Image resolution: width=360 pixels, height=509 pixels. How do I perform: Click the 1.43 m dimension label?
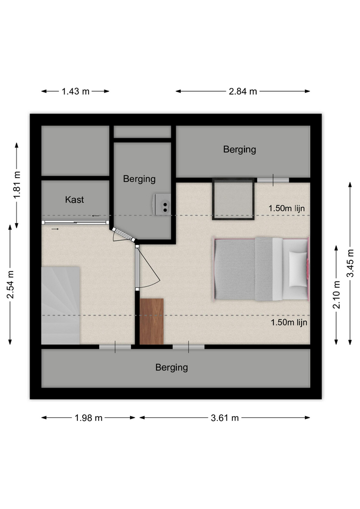[76, 92]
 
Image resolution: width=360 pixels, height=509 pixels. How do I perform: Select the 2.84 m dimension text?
[243, 92]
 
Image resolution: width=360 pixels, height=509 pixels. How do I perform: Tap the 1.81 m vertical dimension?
[17, 185]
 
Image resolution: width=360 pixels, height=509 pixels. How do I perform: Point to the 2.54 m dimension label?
[11, 284]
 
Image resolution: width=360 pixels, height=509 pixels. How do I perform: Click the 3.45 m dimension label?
[350, 264]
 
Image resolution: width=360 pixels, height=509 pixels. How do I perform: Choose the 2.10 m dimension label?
[337, 294]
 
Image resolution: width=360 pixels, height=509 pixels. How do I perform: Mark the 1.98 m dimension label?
[89, 418]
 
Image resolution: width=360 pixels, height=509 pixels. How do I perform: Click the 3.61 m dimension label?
[225, 418]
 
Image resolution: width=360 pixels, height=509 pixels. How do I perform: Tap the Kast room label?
[74, 200]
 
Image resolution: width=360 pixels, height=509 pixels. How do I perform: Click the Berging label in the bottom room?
[172, 367]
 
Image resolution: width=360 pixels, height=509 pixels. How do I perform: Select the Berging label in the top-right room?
[240, 150]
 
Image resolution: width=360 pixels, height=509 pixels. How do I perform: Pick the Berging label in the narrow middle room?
[139, 179]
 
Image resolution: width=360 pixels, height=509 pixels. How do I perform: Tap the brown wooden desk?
[152, 321]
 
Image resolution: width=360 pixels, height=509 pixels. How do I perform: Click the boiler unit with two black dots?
[162, 204]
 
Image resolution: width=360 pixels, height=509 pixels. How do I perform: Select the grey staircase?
[60, 305]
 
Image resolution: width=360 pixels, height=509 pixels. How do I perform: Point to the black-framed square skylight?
[233, 199]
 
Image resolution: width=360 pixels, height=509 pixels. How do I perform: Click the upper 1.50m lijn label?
[287, 208]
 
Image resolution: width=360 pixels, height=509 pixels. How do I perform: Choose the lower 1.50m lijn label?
[289, 322]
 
